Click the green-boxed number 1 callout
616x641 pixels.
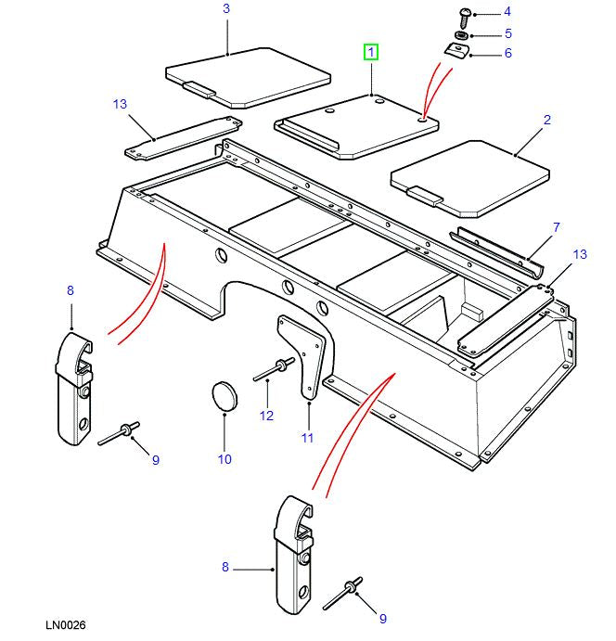371,53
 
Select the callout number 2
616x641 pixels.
547,120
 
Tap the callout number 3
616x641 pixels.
226,8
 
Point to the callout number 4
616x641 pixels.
507,12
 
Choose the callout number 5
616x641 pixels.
507,33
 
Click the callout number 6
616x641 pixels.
507,54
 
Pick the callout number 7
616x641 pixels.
556,226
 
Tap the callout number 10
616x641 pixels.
225,458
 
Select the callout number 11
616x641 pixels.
307,437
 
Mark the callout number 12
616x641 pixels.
266,416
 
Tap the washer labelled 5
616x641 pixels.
460,36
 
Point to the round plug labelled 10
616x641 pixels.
225,395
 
